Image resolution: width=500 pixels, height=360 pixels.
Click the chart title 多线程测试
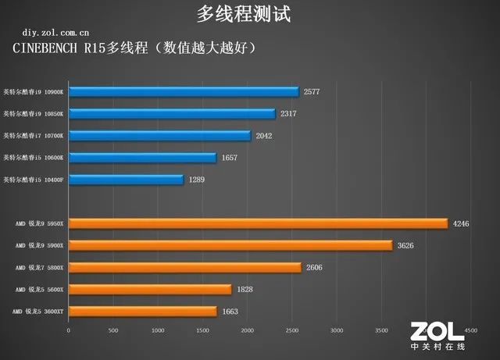point(249,14)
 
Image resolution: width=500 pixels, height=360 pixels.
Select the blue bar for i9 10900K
point(184,91)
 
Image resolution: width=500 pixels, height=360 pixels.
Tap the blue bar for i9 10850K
point(172,113)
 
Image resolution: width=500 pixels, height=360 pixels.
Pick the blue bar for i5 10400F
point(126,180)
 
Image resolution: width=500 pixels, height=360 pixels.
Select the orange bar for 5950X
point(258,223)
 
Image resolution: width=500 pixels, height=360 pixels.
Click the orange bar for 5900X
point(230,245)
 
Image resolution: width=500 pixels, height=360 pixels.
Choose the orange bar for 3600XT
point(143,311)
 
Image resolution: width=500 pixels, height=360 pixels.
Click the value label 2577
point(312,91)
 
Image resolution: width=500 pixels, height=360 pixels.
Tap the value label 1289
point(198,180)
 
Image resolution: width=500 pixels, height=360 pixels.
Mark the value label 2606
point(314,267)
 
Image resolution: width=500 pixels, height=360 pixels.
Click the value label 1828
point(245,289)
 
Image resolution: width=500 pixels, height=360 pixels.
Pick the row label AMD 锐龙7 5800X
point(39,267)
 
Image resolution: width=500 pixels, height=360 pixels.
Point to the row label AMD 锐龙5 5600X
point(39,289)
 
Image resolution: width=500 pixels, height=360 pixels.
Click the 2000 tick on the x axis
point(247,330)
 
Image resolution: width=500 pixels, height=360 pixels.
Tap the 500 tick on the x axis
point(113,330)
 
